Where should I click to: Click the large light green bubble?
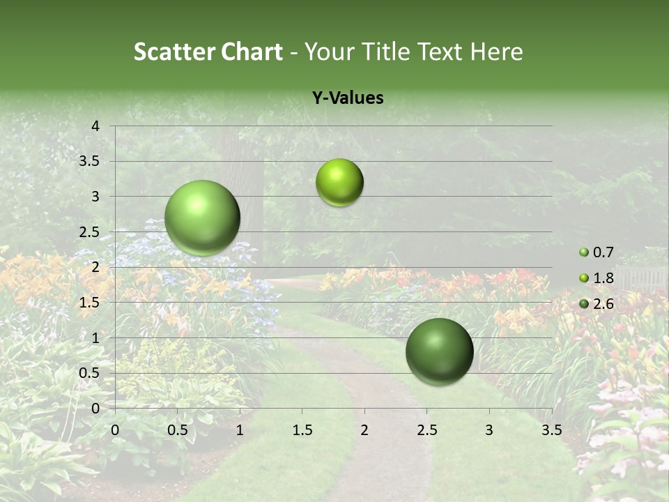click(x=203, y=218)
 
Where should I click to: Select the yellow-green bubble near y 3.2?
click(x=339, y=182)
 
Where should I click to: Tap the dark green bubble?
click(x=439, y=351)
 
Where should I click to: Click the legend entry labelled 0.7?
click(x=603, y=252)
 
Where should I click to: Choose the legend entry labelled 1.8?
click(x=603, y=278)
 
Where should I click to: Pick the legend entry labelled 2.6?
click(x=603, y=303)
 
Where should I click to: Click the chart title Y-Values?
click(x=347, y=98)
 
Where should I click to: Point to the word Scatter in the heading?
click(x=175, y=52)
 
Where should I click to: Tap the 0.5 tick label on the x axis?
click(x=177, y=430)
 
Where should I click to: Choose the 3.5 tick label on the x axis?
click(x=551, y=430)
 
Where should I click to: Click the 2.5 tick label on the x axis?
click(x=426, y=430)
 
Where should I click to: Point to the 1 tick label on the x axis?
click(x=240, y=430)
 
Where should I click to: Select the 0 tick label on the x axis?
click(x=115, y=430)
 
